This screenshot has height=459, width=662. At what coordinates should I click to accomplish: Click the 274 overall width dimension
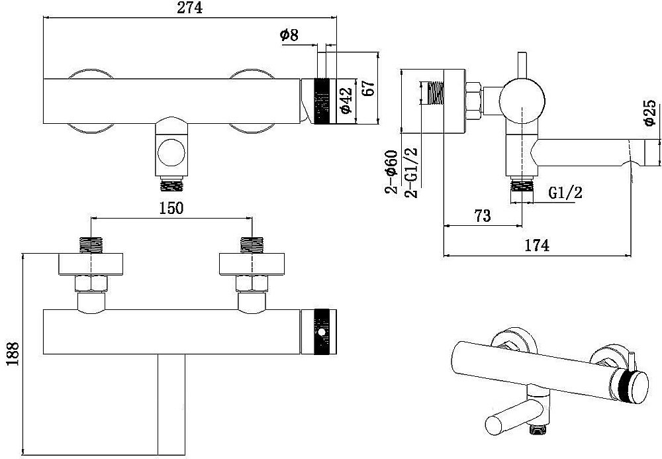tap(189, 7)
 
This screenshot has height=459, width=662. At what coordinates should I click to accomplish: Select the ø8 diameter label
tap(289, 35)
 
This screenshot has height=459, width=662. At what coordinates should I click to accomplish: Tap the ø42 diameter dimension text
tap(346, 101)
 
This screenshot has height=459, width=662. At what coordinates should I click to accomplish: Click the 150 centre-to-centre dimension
tap(171, 208)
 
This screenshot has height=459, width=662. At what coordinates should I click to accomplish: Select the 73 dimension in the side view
tap(483, 215)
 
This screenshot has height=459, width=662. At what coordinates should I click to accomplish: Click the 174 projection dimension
tap(537, 245)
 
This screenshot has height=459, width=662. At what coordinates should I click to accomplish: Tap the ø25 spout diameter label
tap(650, 113)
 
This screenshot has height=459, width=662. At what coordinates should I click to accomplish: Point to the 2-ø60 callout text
tap(391, 172)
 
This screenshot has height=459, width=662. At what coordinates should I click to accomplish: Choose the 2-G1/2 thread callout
tap(411, 172)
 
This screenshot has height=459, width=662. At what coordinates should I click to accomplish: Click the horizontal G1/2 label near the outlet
tap(565, 193)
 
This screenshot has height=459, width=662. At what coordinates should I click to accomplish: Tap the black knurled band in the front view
tap(321, 332)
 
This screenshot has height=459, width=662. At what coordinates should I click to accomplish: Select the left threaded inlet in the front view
tap(91, 245)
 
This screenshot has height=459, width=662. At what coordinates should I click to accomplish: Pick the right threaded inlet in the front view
tap(252, 245)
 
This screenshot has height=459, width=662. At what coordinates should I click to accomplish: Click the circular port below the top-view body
tap(171, 152)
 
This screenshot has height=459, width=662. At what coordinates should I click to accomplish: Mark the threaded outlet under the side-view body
tap(522, 186)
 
